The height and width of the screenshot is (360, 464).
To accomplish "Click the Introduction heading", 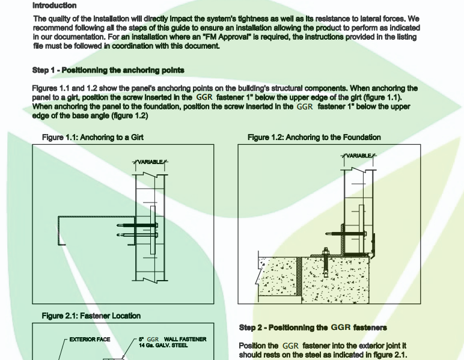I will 54,5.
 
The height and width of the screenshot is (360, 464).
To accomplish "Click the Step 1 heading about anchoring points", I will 108,70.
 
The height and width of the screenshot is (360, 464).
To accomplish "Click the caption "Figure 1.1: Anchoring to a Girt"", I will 93,137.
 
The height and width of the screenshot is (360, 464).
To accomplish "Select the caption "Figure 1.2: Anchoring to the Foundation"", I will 314,137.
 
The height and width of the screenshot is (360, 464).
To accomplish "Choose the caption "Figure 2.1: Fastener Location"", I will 91,316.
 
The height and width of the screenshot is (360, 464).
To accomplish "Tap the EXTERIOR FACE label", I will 90,340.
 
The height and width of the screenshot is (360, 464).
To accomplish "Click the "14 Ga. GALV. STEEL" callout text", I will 163,346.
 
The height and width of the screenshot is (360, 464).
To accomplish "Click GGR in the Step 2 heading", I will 338,328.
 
